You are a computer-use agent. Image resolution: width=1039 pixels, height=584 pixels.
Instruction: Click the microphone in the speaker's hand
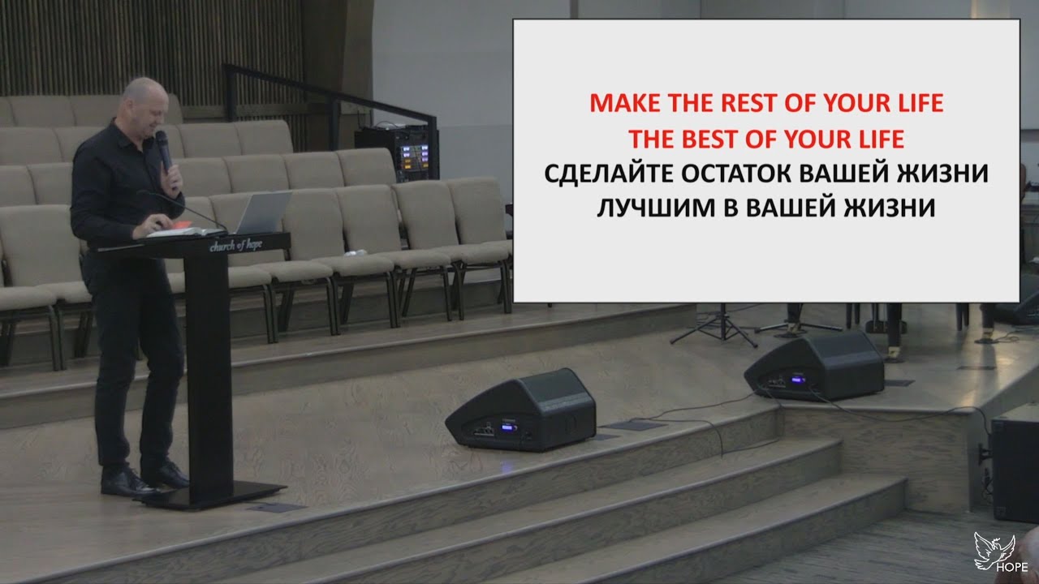tap(163, 149)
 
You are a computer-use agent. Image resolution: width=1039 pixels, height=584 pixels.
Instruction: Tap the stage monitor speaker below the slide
tap(814, 366)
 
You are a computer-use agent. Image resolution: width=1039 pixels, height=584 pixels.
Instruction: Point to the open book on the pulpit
tap(175, 230)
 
